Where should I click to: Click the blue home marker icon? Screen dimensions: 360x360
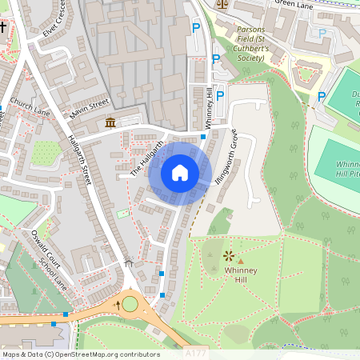(180, 173)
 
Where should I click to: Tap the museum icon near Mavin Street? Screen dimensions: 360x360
(110, 122)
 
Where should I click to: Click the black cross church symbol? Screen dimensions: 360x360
(3, 28)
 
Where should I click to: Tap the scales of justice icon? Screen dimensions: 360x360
(222, 3)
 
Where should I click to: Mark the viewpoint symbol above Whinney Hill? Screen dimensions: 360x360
(230, 256)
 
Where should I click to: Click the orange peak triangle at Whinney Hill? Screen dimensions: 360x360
(240, 261)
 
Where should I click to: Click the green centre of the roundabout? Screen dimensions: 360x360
(130, 304)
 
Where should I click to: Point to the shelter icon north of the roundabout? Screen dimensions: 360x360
(130, 262)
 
